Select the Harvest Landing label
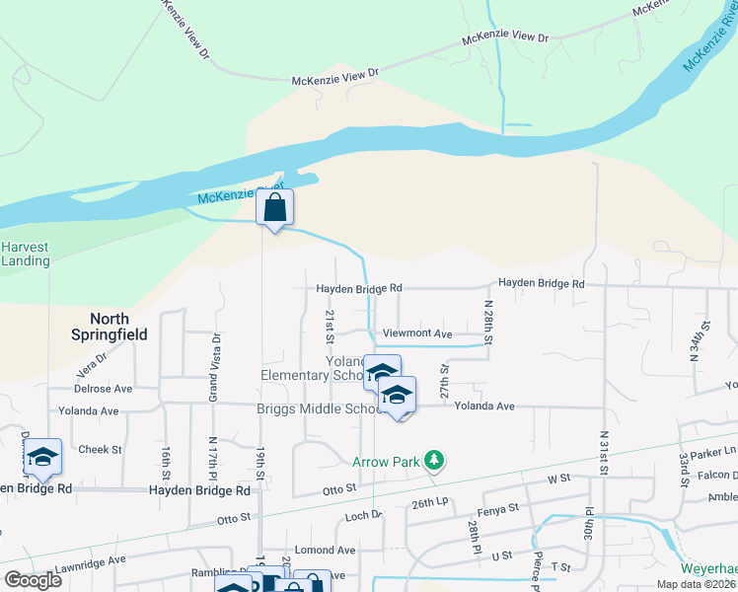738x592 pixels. coord(25,254)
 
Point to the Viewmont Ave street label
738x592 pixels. coord(417,334)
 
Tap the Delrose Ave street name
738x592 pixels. coord(103,390)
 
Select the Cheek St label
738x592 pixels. coord(100,449)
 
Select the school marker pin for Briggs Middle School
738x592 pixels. coord(397,397)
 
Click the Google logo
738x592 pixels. coord(32,579)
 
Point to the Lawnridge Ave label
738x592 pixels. coord(91,559)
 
